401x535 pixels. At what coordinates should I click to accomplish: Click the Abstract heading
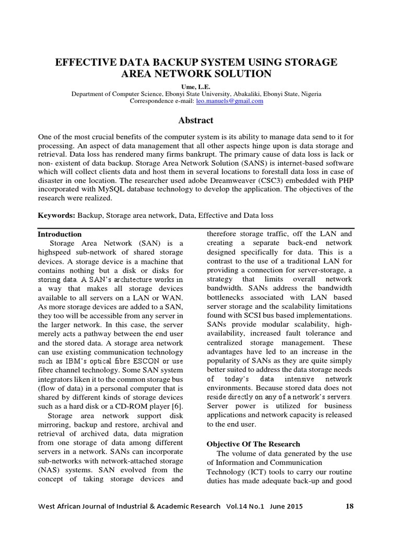pos(196,120)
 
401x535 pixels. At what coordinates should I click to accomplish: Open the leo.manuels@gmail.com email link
pos(229,101)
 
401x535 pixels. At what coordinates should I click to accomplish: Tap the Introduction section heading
pos(60,234)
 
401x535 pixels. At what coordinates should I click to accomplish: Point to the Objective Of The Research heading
pos(254,444)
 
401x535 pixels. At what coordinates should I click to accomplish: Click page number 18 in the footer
pos(350,506)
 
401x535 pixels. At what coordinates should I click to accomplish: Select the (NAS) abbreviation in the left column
pos(49,470)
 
